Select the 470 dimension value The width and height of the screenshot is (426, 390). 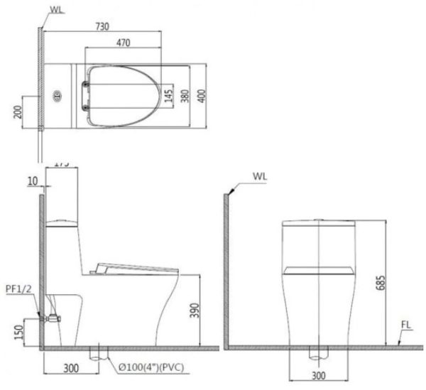point(122,43)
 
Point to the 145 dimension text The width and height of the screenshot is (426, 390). point(168,96)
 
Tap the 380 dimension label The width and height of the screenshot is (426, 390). point(185,96)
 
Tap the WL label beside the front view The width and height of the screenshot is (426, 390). point(260,175)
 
